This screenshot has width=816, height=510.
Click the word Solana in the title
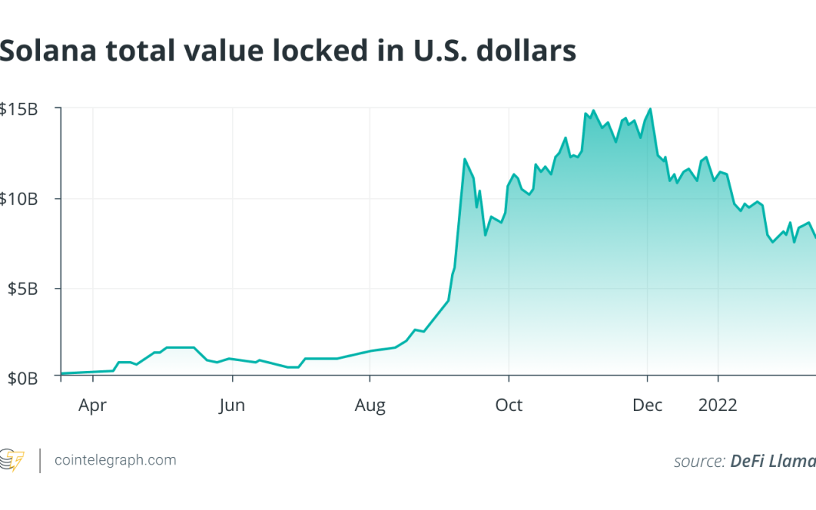point(48,51)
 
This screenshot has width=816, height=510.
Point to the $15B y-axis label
point(19,110)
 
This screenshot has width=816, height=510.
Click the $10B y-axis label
point(19,199)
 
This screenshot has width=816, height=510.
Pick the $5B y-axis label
point(23,289)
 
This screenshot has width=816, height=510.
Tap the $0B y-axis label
point(23,379)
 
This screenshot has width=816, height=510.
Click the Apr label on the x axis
point(93,406)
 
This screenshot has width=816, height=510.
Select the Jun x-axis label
point(232,406)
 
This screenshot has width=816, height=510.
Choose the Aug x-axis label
point(370,406)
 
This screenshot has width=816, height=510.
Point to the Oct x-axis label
point(508,406)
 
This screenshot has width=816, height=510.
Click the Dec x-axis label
point(648,406)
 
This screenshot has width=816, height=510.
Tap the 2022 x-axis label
point(718,406)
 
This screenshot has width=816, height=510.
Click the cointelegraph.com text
point(116,461)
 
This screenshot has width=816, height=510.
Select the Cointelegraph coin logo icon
point(11,461)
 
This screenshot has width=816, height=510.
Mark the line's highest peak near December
point(651,109)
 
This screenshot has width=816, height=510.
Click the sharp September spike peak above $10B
point(464,159)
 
